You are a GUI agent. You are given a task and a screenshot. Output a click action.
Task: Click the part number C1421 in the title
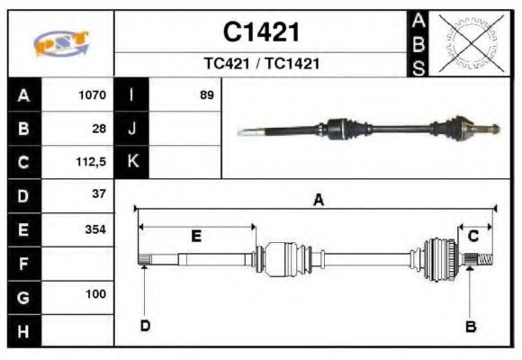point(261,32)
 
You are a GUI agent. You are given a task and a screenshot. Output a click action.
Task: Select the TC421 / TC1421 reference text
point(261,65)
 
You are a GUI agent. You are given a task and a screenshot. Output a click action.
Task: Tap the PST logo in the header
point(60,43)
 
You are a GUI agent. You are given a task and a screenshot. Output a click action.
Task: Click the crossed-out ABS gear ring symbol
point(468,43)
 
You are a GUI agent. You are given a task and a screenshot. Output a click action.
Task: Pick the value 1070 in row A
point(92,94)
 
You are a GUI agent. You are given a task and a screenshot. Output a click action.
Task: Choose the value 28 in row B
point(99,128)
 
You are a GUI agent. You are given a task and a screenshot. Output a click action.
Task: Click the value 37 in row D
point(99,193)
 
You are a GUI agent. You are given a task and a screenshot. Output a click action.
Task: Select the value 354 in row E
point(94,229)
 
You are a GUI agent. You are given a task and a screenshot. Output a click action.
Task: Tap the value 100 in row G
point(94,294)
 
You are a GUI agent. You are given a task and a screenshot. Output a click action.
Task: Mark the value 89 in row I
point(207,94)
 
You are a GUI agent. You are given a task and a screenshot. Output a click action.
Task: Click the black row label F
point(23,263)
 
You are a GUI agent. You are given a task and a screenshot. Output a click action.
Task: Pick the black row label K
point(132,162)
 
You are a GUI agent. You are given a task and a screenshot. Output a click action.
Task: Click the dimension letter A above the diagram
point(318,200)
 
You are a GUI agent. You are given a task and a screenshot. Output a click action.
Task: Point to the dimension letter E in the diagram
point(196,236)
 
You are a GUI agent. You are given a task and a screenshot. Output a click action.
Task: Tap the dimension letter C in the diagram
point(472,236)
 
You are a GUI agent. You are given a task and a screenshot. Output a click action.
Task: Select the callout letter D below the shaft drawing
point(145,326)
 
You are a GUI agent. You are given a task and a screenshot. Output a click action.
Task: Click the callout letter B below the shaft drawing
point(470,326)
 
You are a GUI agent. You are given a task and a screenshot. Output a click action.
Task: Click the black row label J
point(132,128)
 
